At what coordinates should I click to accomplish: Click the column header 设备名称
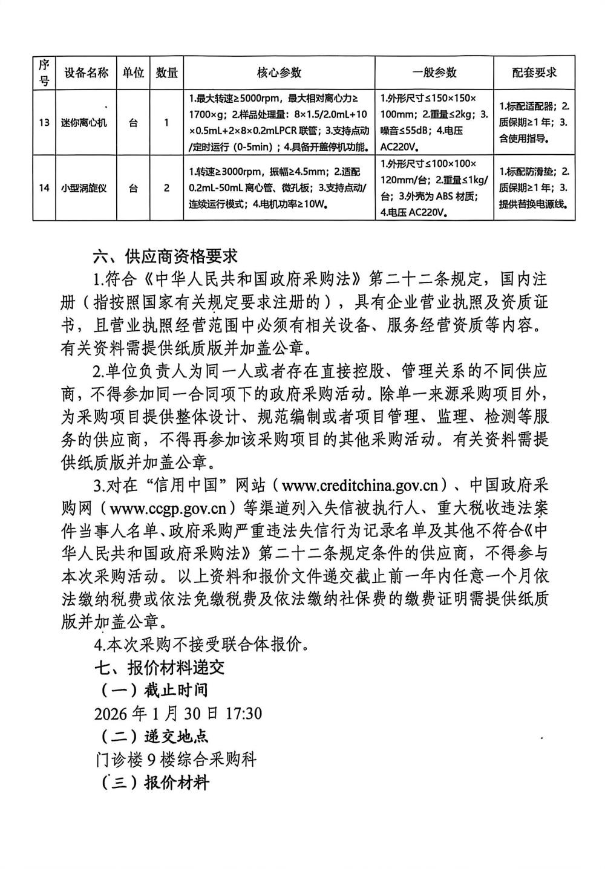[87, 73]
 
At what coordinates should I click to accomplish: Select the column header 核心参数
[279, 73]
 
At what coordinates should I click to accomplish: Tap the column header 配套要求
[534, 73]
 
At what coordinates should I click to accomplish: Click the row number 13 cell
[44, 123]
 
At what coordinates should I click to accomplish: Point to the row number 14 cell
[44, 188]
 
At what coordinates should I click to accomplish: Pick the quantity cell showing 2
[166, 188]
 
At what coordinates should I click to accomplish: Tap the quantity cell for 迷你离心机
[166, 123]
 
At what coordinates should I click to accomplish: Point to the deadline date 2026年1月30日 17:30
[178, 714]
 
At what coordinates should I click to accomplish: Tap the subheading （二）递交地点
[154, 737]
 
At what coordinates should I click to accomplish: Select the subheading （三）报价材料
[154, 783]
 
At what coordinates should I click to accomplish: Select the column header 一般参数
[434, 73]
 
